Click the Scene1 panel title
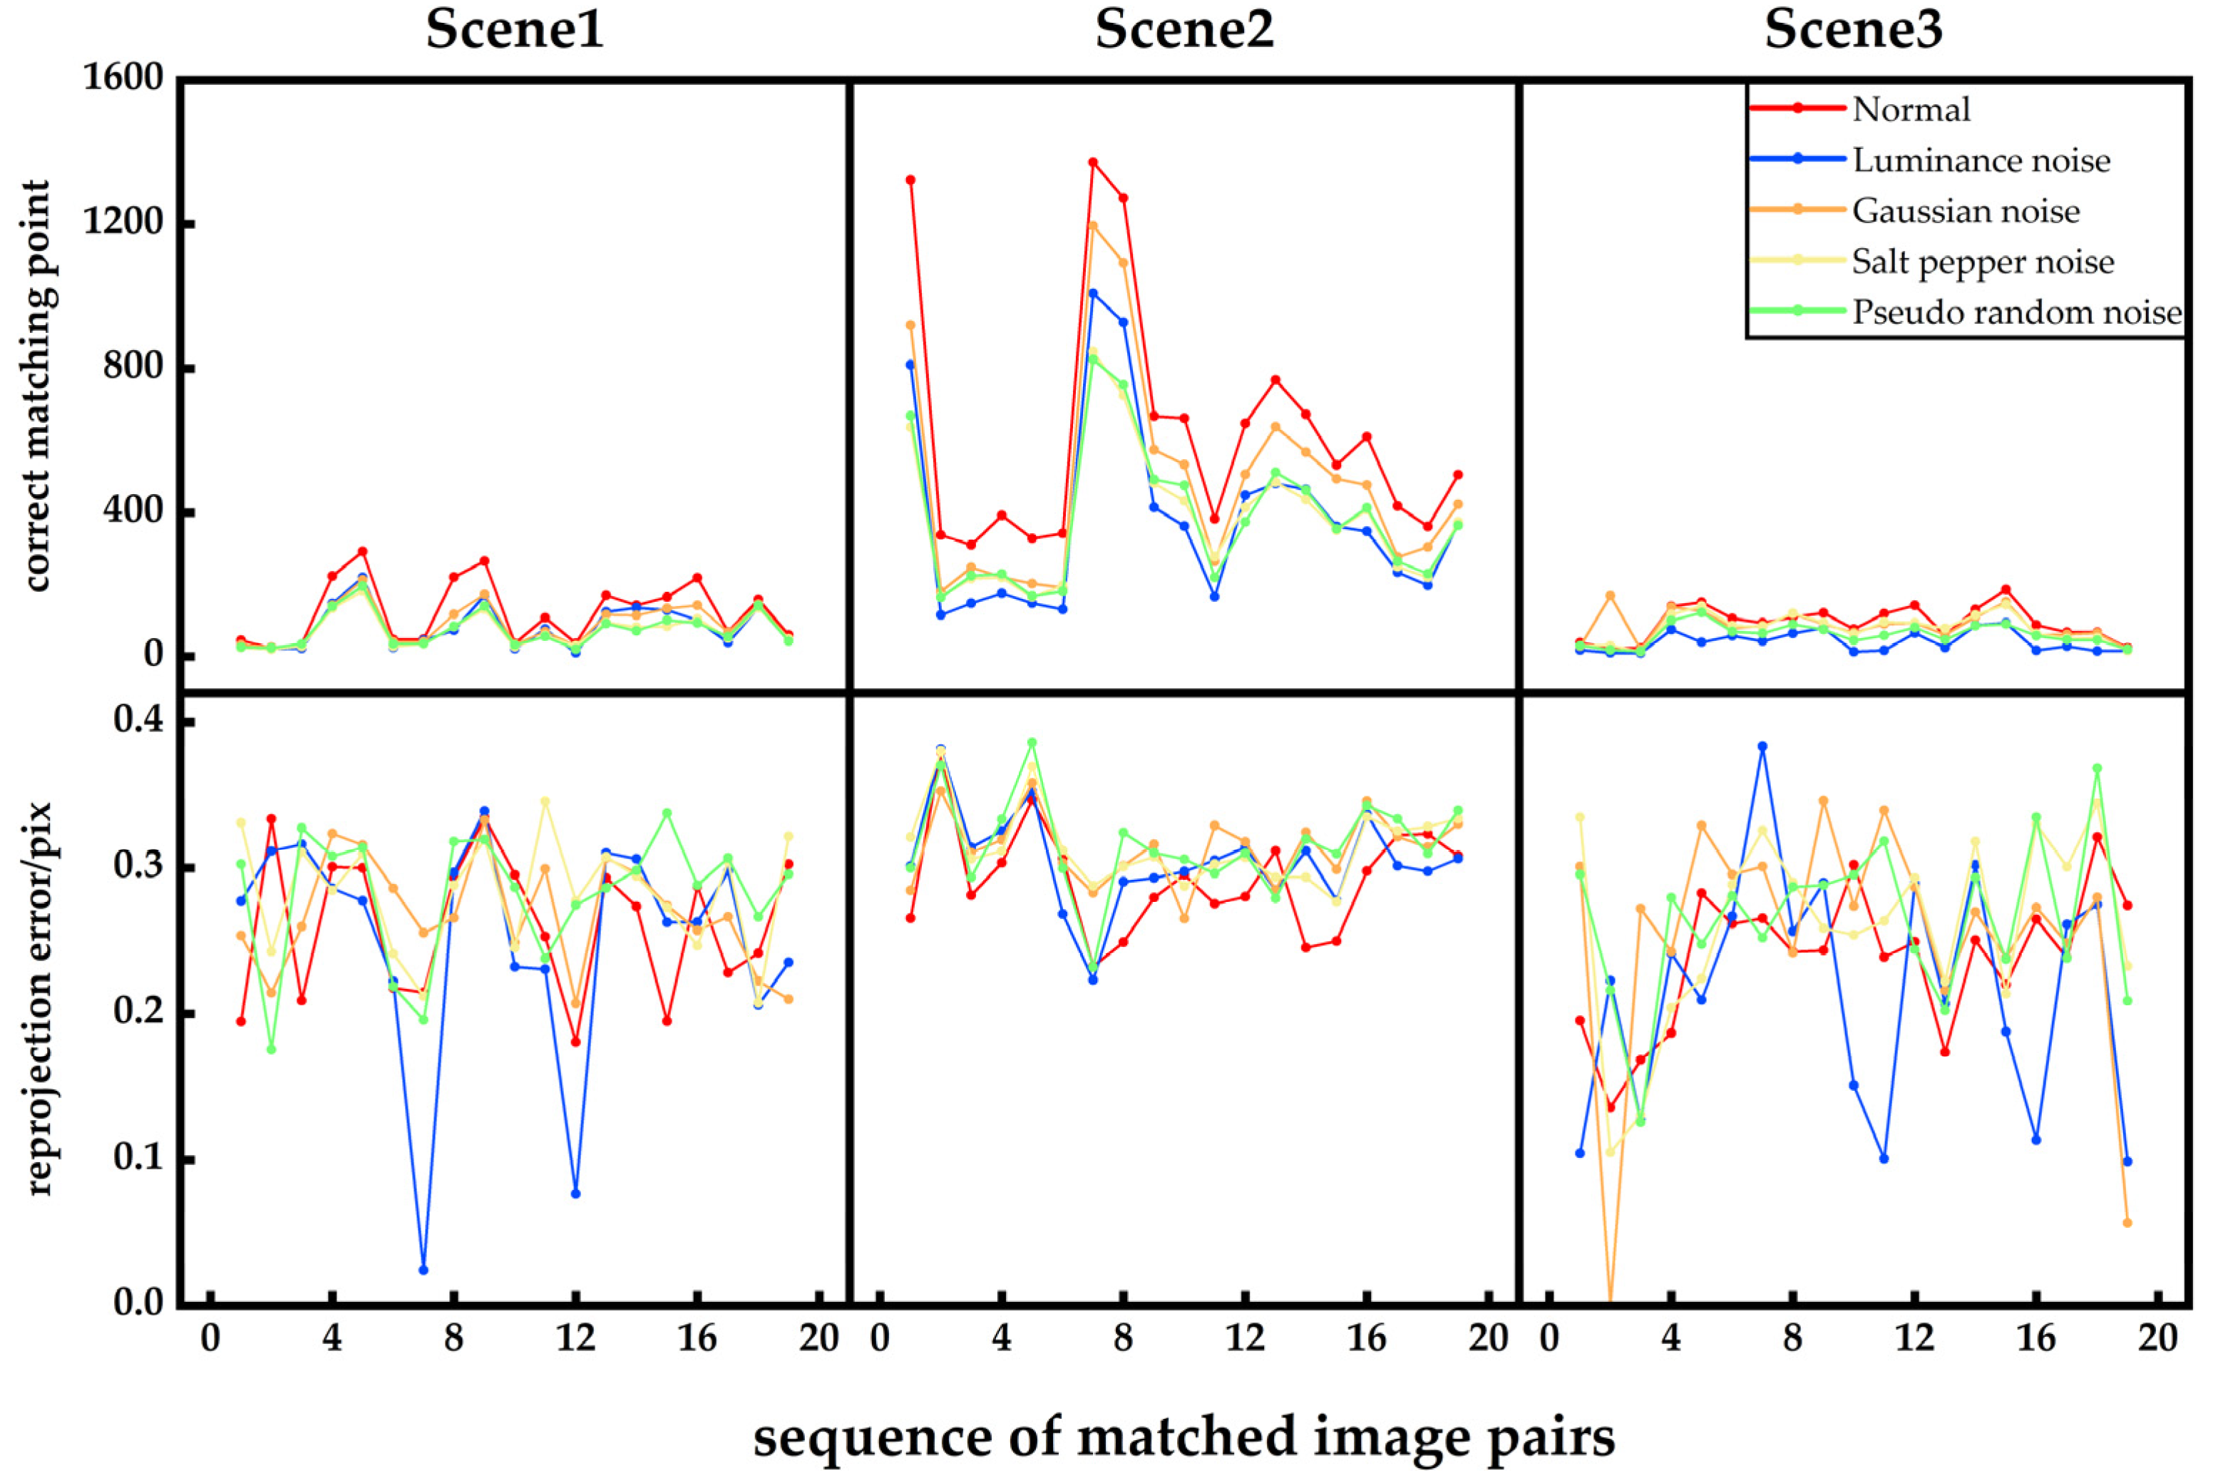[x=515, y=30]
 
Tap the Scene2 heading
[x=1184, y=30]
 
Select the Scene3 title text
[x=1853, y=30]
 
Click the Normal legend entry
[x=1911, y=110]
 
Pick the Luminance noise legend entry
[x=1981, y=161]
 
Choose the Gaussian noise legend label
[x=1965, y=211]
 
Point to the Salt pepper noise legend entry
[x=1982, y=262]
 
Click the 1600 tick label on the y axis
[x=123, y=78]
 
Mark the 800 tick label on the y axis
[x=133, y=367]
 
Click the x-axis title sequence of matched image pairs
[x=1184, y=1437]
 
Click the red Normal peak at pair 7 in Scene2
[x=1092, y=163]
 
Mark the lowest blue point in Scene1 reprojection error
[x=423, y=1269]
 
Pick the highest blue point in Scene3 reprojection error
[x=1762, y=746]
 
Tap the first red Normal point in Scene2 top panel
[x=910, y=180]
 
